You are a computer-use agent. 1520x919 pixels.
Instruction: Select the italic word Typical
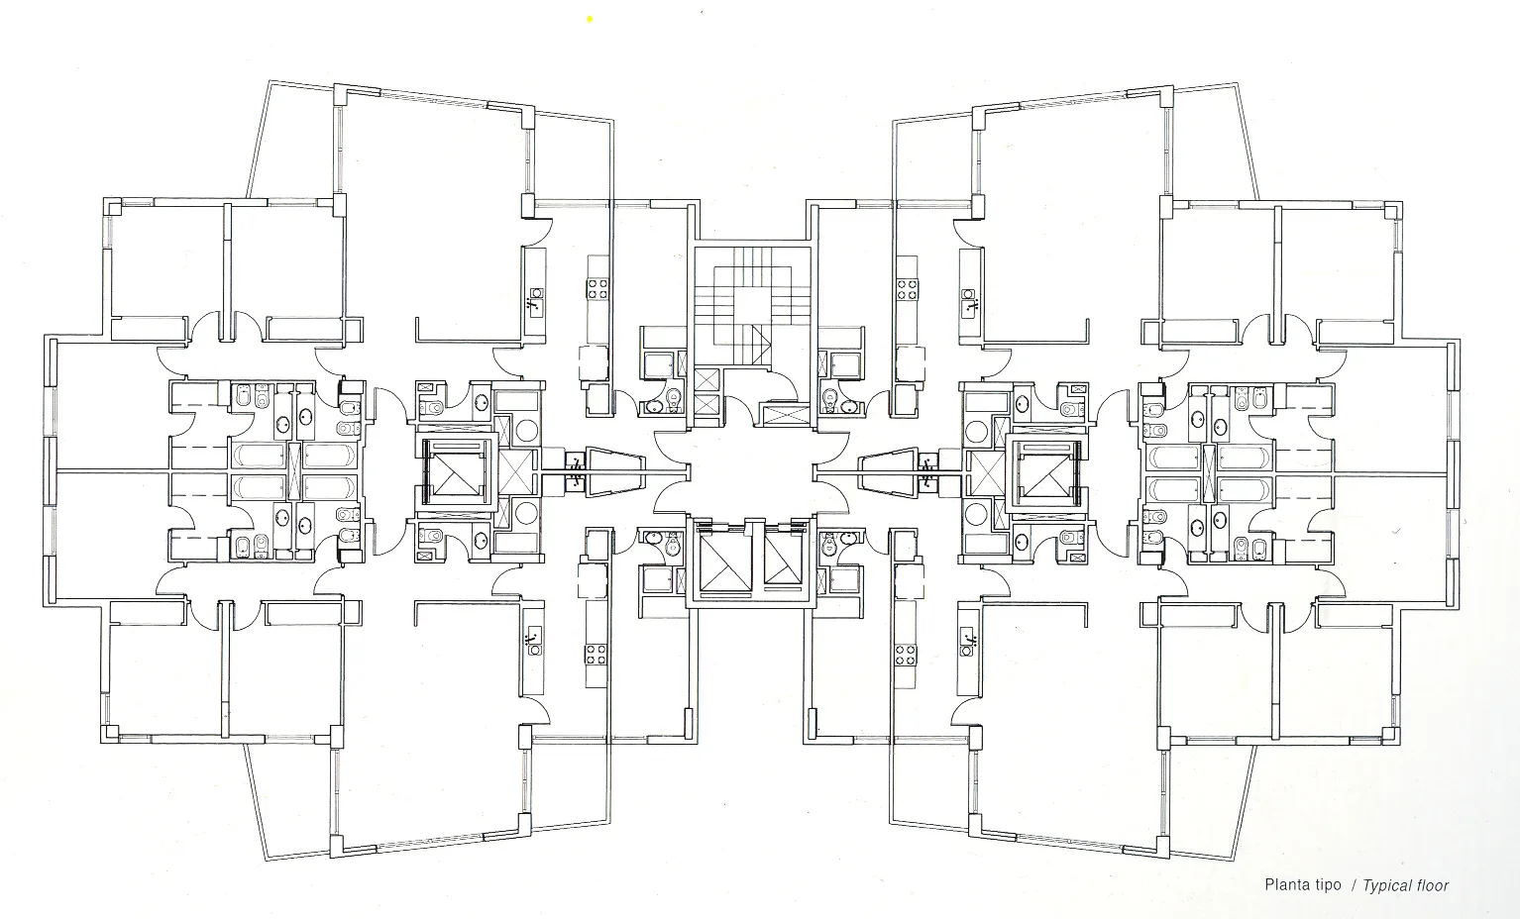1386,885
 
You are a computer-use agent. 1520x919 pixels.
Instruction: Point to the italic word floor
1432,885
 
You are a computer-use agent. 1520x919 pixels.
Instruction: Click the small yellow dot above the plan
590,20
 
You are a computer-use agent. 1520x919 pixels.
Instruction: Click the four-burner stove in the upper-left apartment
597,289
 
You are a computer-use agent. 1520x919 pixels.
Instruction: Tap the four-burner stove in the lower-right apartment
906,656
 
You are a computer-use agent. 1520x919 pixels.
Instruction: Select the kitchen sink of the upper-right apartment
969,303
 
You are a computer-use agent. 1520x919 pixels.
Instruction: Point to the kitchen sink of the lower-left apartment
535,641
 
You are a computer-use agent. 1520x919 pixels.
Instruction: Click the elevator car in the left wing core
455,470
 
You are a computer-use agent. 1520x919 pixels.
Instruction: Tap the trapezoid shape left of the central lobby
615,471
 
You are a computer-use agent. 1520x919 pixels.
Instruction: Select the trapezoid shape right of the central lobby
889,472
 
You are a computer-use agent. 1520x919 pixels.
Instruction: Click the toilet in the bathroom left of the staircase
673,398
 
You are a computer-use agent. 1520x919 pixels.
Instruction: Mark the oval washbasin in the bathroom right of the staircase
848,406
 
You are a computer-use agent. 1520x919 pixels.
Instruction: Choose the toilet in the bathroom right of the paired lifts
828,544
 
